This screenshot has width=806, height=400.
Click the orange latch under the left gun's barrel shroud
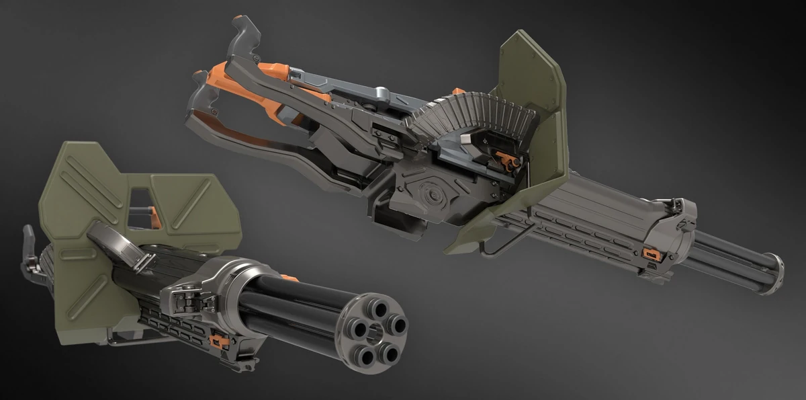point(218,341)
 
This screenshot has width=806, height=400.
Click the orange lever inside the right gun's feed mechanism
point(505,159)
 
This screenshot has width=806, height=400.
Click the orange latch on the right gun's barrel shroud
point(649,253)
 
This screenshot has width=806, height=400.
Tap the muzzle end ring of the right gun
point(773,273)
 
